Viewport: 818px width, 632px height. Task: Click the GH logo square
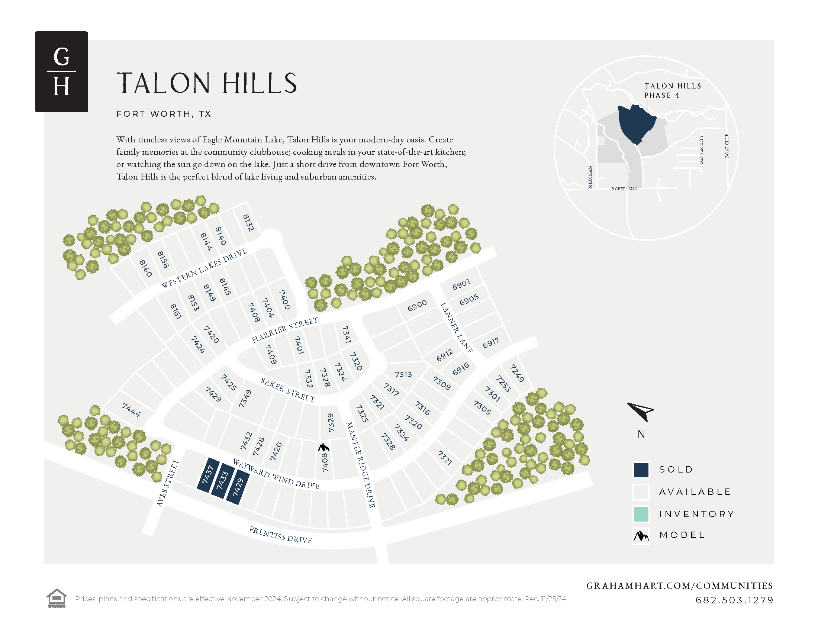[61, 71]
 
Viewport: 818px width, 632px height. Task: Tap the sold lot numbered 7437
[207, 474]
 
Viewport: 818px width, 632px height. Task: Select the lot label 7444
[131, 410]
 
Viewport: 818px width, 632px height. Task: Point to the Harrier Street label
[285, 329]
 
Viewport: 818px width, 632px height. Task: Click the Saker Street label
[288, 390]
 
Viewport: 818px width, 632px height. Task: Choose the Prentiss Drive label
[280, 535]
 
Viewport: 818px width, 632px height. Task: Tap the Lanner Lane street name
[456, 328]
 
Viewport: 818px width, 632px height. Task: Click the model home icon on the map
[323, 447]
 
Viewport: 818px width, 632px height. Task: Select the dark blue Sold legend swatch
[641, 470]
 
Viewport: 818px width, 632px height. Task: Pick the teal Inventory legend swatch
[641, 514]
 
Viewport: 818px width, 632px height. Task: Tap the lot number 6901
[461, 284]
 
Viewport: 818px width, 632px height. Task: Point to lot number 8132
[248, 223]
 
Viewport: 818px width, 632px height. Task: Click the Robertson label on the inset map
[624, 189]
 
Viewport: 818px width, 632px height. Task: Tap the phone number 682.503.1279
[734, 600]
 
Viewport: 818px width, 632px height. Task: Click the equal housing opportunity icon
[57, 598]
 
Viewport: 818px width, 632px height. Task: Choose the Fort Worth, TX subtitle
[164, 114]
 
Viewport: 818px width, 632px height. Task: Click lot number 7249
[517, 373]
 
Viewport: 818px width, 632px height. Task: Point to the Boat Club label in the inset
[727, 146]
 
